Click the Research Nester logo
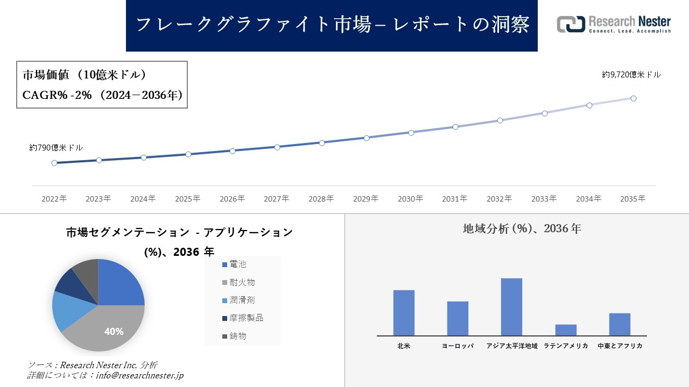click(614, 24)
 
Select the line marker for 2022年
click(54, 163)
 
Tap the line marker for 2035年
click(634, 98)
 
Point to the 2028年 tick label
click(321, 199)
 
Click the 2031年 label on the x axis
click(455, 199)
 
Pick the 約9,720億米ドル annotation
click(631, 75)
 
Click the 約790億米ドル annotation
click(56, 147)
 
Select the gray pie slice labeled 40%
click(108, 328)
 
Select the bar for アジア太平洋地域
click(511, 307)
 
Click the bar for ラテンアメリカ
click(566, 330)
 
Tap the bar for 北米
click(404, 313)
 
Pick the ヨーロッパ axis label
click(458, 346)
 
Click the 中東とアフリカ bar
click(620, 324)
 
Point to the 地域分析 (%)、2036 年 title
click(522, 229)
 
